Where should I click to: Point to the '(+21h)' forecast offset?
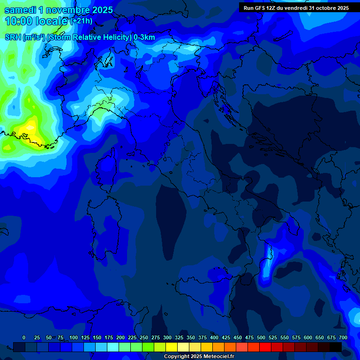(x=81, y=21)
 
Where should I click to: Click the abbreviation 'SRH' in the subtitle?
(x=13, y=37)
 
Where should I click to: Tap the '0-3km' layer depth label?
(x=144, y=37)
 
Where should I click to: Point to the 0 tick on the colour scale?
(x=24, y=337)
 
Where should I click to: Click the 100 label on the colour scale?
(x=74, y=337)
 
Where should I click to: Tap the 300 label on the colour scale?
(x=167, y=337)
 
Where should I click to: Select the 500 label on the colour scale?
(x=261, y=337)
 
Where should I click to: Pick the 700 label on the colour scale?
(x=343, y=337)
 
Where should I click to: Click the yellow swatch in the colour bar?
(x=172, y=347)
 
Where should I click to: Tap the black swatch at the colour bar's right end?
(x=336, y=347)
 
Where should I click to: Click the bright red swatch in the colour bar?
(x=265, y=347)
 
